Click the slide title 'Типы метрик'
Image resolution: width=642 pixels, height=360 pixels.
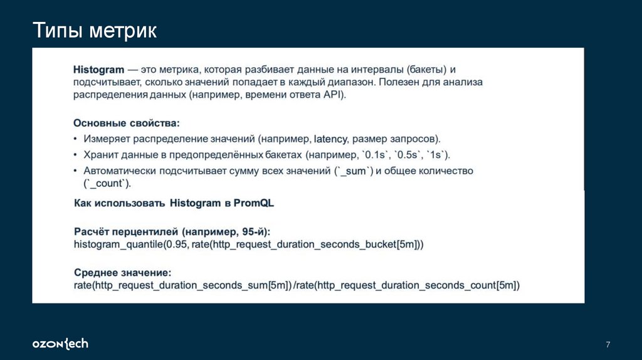click(95, 31)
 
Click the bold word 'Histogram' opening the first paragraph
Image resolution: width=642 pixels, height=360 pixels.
click(98, 69)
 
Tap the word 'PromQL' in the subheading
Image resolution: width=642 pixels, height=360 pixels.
click(254, 203)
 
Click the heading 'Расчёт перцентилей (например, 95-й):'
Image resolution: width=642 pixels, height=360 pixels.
click(172, 231)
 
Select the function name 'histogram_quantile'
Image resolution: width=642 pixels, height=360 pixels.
click(116, 243)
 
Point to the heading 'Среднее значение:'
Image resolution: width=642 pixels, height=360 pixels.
click(122, 273)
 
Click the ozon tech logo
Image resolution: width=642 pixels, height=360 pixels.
click(60, 344)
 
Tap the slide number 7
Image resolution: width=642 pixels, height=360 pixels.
click(608, 344)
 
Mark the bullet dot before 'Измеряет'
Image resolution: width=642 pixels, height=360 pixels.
click(76, 139)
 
